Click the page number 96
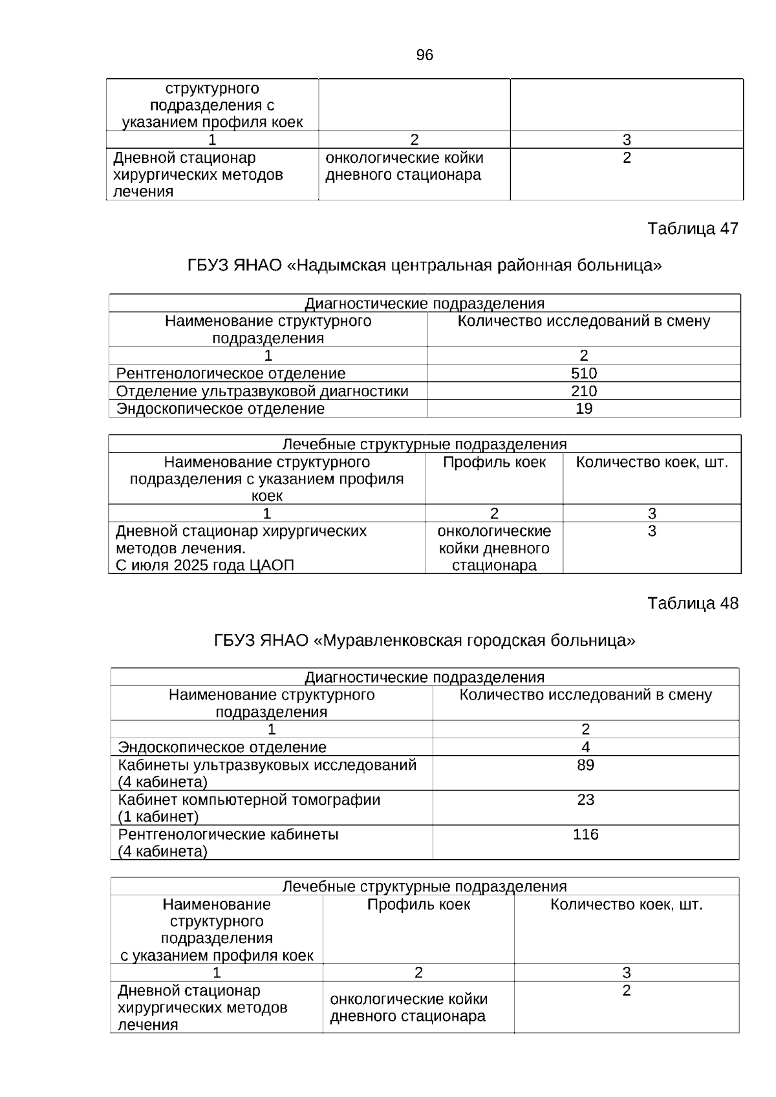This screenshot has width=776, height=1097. click(424, 56)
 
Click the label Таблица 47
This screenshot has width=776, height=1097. click(693, 229)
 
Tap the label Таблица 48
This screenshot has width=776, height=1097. click(693, 603)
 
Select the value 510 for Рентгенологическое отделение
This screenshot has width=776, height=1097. click(584, 373)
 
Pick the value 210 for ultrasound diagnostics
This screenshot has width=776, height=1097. click(584, 391)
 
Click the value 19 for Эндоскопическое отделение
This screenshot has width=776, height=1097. click(584, 409)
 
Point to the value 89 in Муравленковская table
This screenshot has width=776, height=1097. click(585, 765)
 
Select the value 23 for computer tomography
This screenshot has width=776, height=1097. click(585, 800)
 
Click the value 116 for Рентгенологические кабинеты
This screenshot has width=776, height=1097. click(585, 835)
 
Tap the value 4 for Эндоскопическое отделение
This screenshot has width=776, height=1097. click(585, 747)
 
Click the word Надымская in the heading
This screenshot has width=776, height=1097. click(343, 266)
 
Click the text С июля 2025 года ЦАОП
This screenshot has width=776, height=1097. click(204, 566)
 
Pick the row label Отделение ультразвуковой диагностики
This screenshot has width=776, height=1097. click(262, 391)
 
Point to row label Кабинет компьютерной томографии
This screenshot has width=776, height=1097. click(249, 800)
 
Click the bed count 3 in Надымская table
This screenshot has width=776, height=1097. click(652, 531)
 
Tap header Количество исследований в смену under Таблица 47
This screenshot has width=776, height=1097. click(583, 321)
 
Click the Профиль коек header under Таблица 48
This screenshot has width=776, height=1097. click(418, 904)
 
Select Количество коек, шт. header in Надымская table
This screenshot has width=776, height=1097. click(652, 462)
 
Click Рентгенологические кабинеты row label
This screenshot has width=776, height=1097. click(228, 835)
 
